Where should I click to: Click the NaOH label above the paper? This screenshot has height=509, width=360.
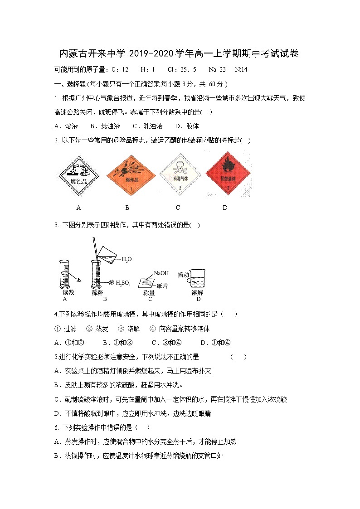click(161, 273)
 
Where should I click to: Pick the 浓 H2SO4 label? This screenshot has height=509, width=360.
click(120, 283)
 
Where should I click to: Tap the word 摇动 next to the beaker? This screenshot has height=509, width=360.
click(183, 274)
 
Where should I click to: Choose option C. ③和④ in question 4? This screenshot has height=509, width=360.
click(166, 342)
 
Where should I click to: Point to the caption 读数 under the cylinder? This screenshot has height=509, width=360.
click(68, 293)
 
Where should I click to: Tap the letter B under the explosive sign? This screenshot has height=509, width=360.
click(127, 208)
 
